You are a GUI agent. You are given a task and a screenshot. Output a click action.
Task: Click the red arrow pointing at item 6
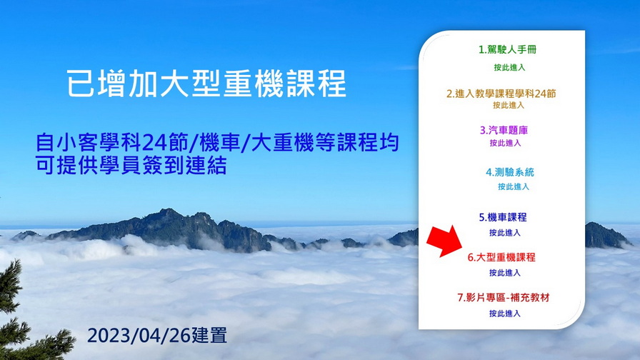pyautogui.click(x=445, y=241)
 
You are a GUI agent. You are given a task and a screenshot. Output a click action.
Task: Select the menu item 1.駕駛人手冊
pyautogui.click(x=507, y=50)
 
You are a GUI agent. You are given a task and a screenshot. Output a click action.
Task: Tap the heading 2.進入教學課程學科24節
pyautogui.click(x=501, y=94)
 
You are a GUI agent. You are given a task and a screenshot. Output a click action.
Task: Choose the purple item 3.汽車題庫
pyautogui.click(x=504, y=130)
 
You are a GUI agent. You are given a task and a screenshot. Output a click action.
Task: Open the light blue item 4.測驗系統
pyautogui.click(x=510, y=172)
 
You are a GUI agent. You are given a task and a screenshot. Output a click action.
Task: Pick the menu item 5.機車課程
pyautogui.click(x=503, y=217)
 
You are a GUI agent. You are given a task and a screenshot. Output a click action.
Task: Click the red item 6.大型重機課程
pyautogui.click(x=501, y=258)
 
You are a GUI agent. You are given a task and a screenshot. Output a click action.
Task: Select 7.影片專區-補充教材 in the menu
pyautogui.click(x=504, y=298)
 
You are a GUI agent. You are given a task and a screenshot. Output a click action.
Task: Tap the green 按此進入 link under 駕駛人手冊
pyautogui.click(x=509, y=67)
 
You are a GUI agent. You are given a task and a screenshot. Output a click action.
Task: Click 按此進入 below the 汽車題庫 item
pyautogui.click(x=505, y=143)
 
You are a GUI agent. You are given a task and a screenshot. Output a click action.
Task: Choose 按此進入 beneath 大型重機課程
pyautogui.click(x=505, y=273)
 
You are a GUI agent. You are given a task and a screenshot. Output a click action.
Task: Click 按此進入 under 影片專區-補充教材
pyautogui.click(x=505, y=314)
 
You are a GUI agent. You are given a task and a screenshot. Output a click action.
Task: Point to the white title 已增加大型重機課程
pyautogui.click(x=206, y=84)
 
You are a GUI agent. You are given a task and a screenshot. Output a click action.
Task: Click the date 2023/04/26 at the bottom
pyautogui.click(x=139, y=336)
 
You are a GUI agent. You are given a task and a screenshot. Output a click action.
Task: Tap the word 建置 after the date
pyautogui.click(x=209, y=336)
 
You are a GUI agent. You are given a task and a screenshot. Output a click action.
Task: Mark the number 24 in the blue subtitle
pyautogui.click(x=153, y=142)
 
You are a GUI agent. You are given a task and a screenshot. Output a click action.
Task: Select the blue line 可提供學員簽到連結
pyautogui.click(x=131, y=166)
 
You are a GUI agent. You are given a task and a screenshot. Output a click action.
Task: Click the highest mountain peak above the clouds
pyautogui.click(x=166, y=211)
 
